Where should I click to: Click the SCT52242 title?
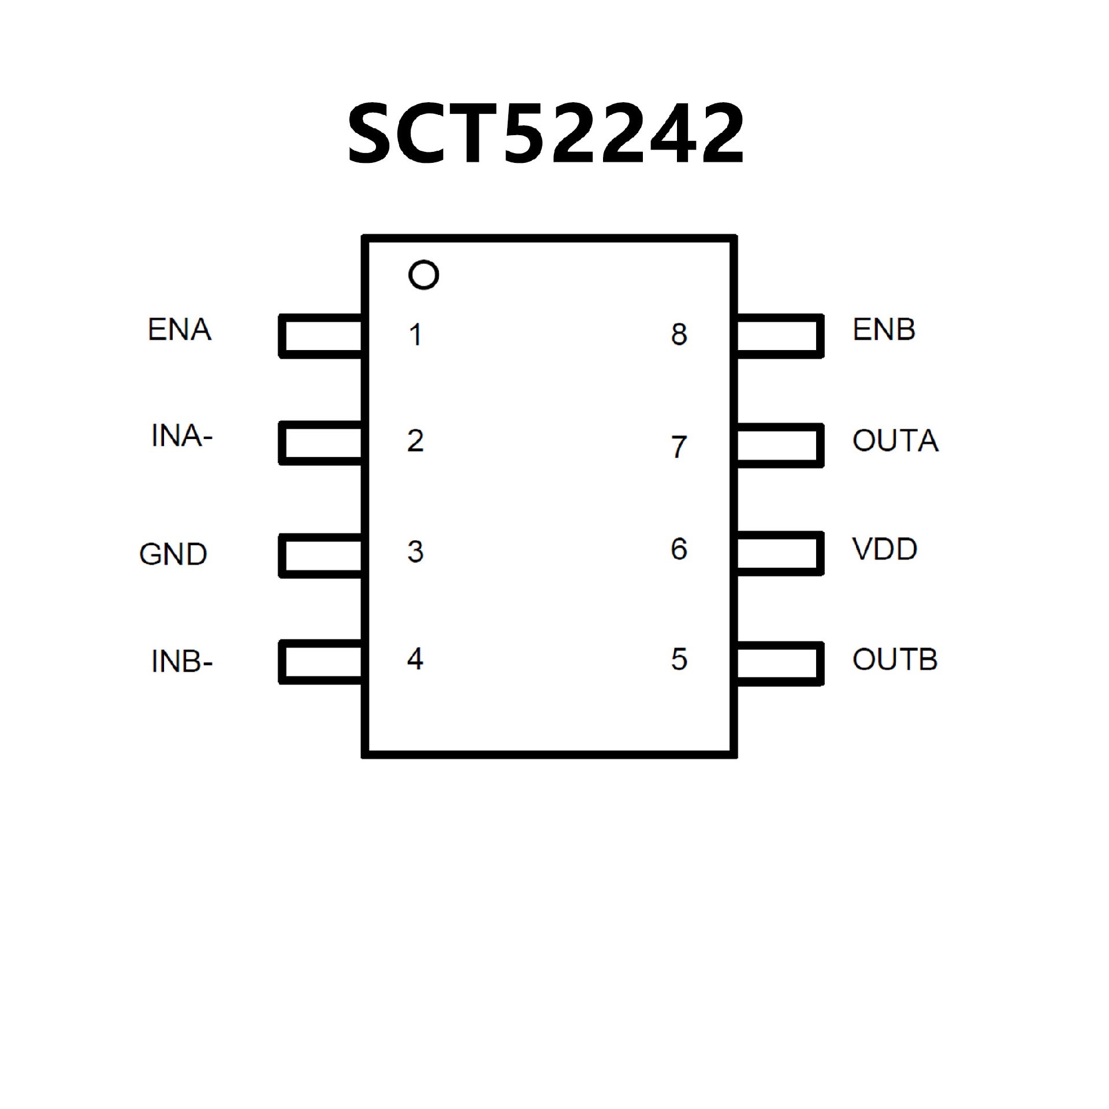(x=546, y=134)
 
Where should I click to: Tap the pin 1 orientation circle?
(x=423, y=275)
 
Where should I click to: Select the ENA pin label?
(x=180, y=330)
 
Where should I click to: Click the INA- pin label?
(x=181, y=436)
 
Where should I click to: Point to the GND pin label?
(x=173, y=554)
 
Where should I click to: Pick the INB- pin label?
(x=181, y=661)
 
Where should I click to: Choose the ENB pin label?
(x=884, y=330)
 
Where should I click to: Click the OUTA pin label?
(x=895, y=441)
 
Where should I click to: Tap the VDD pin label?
(x=884, y=549)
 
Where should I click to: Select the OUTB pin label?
(x=895, y=660)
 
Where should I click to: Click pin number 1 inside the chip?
(x=415, y=335)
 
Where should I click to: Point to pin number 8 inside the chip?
(x=679, y=334)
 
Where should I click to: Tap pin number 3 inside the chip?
(x=415, y=552)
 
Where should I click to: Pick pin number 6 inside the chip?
(x=679, y=549)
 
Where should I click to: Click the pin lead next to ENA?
(x=321, y=336)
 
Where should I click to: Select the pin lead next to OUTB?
(x=779, y=663)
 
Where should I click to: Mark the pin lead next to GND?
(x=321, y=556)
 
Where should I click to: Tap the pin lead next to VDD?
(x=779, y=553)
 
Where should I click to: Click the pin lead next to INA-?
(x=321, y=443)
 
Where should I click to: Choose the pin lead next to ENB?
(x=779, y=336)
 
